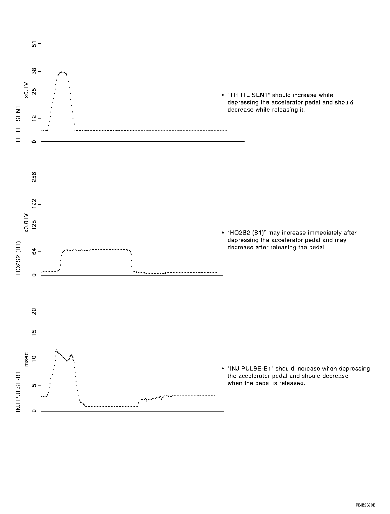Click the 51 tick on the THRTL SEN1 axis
point(34,44)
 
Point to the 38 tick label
point(34,72)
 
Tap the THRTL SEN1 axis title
point(19,124)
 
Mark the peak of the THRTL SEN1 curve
point(63,72)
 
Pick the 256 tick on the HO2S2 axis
point(34,177)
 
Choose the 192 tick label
point(34,205)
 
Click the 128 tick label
point(34,225)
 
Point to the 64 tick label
point(34,251)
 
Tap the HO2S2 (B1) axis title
point(19,258)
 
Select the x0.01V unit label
point(27,223)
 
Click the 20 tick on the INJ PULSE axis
point(34,312)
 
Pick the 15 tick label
point(34,333)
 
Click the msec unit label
point(27,359)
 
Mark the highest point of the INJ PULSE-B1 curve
point(56,350)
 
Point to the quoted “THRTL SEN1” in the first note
point(248,95)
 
